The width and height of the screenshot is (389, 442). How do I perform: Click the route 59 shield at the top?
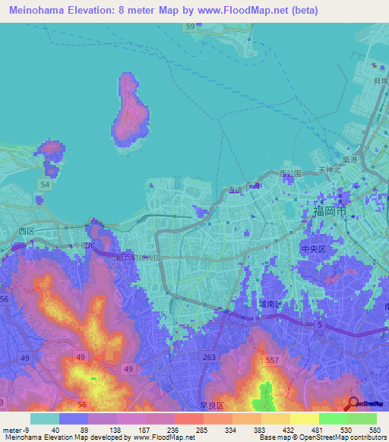pyautogui.click(x=190, y=27)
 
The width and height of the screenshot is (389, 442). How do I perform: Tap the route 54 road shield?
pyautogui.click(x=46, y=185)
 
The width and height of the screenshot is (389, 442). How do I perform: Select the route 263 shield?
pyautogui.click(x=209, y=356)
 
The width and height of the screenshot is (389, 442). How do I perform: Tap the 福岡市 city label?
pyautogui.click(x=330, y=212)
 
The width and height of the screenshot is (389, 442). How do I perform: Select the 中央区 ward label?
pyautogui.click(x=312, y=248)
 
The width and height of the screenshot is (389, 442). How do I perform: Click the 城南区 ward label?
pyautogui.click(x=270, y=304)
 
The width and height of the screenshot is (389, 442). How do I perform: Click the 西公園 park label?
pyautogui.click(x=290, y=174)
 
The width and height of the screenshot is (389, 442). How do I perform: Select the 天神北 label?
pyautogui.click(x=330, y=169)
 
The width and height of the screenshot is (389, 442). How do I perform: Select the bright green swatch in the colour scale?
pyautogui.click(x=333, y=418)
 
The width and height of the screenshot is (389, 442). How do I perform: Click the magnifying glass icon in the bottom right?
pyautogui.click(x=353, y=404)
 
